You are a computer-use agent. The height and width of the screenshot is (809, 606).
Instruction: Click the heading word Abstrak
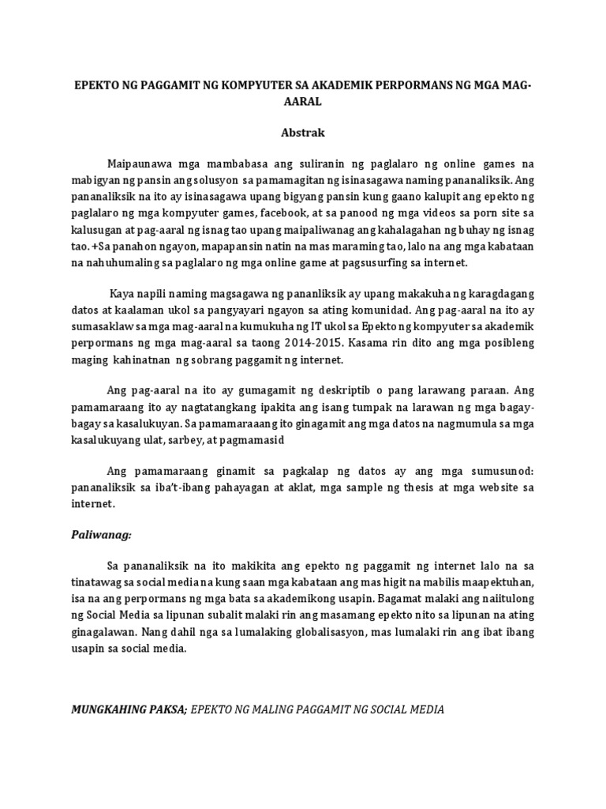point(303,133)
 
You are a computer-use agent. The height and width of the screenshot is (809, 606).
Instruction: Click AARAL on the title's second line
point(303,102)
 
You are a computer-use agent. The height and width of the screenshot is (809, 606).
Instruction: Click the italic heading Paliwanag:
point(101,535)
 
